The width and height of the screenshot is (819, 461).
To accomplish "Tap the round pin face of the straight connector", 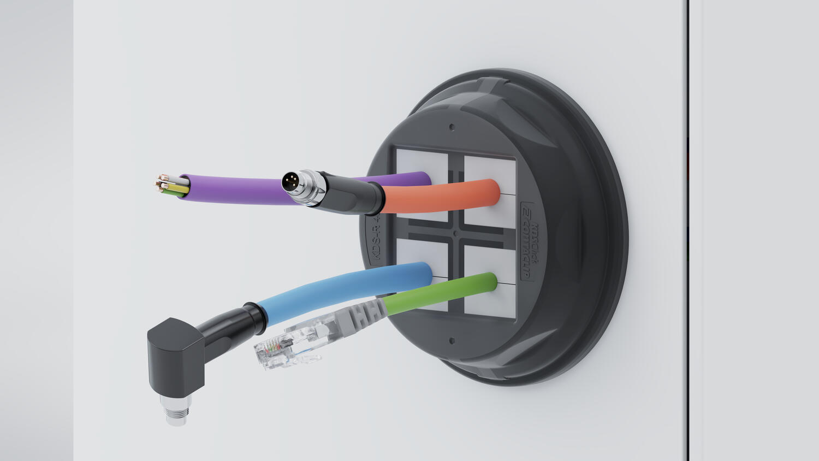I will click(290, 181).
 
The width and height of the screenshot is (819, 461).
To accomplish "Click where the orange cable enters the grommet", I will click(491, 193).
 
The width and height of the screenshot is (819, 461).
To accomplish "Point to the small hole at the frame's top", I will click(452, 127).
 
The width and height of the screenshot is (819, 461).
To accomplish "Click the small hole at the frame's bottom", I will click(452, 341).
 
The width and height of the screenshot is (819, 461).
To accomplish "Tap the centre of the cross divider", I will click(455, 232).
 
